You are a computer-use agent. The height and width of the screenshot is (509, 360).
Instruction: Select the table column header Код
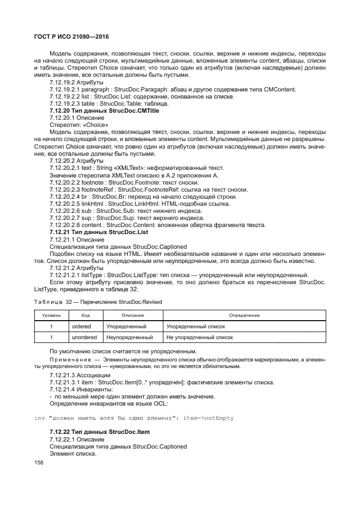[86, 315]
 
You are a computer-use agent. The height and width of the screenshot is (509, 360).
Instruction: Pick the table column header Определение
[243, 315]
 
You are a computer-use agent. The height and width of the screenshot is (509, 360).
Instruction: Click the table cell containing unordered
[85, 338]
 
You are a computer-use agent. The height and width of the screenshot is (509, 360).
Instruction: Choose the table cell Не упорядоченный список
[199, 338]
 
